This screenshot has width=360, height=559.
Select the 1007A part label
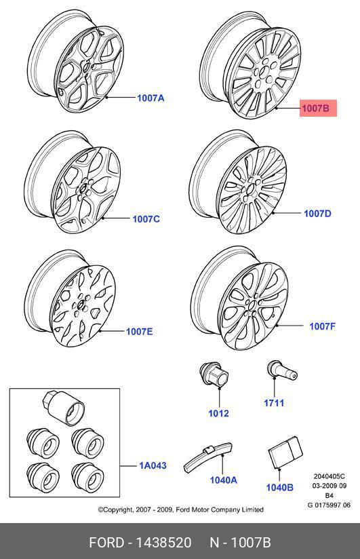[x=151, y=98]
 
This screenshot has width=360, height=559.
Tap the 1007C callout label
[x=146, y=219]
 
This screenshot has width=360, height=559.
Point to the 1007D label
[x=317, y=214]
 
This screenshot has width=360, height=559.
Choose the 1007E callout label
[x=140, y=332]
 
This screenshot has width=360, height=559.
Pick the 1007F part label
[x=322, y=326]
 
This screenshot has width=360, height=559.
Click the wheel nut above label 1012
[x=214, y=374]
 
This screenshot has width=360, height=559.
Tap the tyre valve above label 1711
[x=281, y=371]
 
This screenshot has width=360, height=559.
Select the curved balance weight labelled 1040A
[x=208, y=457]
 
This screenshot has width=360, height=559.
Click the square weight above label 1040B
[x=285, y=452]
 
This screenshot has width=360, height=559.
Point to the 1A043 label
[x=153, y=465]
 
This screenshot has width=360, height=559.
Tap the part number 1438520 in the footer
[x=164, y=543]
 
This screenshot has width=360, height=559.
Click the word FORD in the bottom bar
[x=106, y=543]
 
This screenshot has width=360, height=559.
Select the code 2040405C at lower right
[x=329, y=476]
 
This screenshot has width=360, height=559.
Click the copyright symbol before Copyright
[x=101, y=509]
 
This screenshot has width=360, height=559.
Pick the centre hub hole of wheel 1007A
[x=86, y=66]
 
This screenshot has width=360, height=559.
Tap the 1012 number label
[x=218, y=413]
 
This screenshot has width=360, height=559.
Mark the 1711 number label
[x=274, y=403]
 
